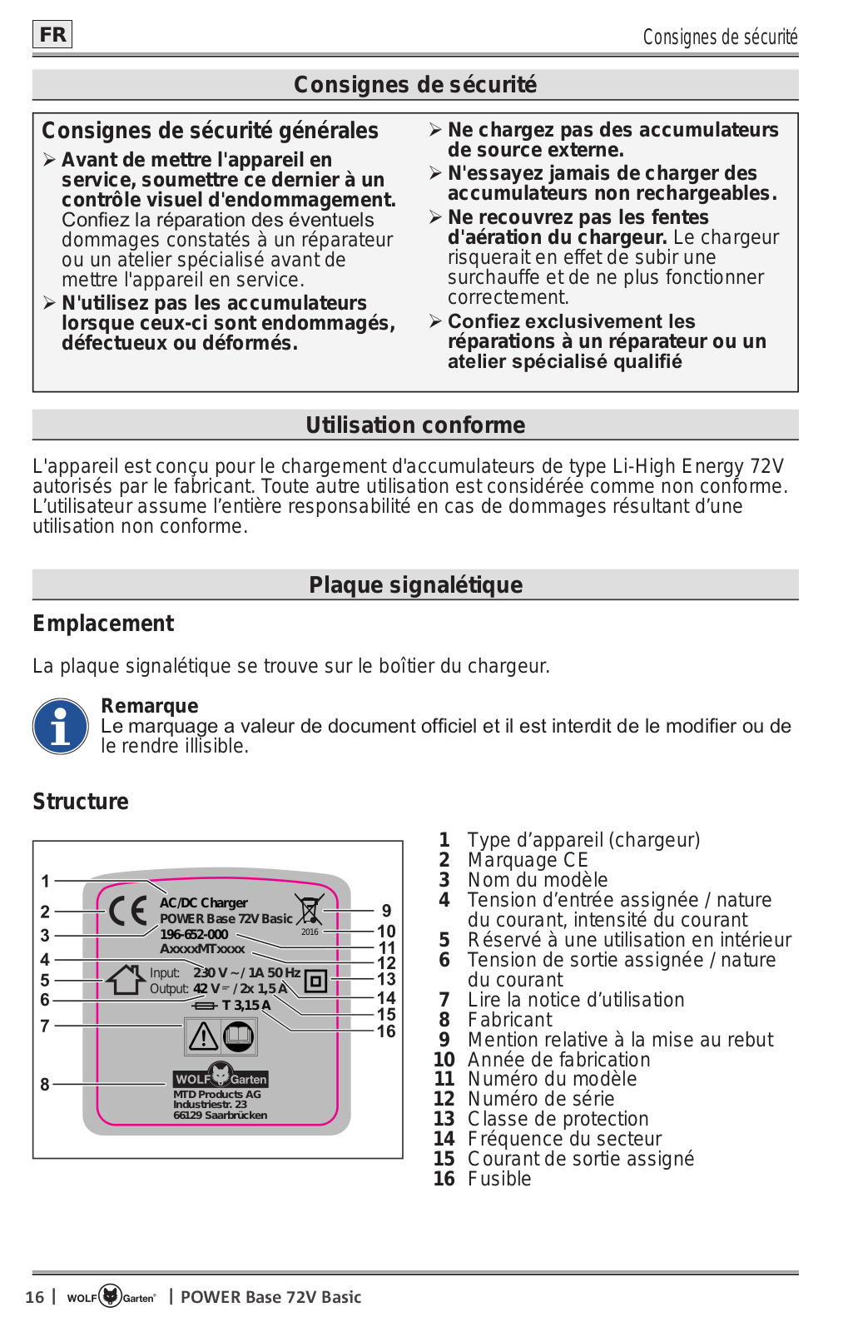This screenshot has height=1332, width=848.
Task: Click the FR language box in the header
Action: pos(52,34)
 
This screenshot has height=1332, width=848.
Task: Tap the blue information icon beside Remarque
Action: pos(61,727)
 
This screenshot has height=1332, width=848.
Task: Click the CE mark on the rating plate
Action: pos(128,911)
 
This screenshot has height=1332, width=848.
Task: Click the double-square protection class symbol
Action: pos(315,981)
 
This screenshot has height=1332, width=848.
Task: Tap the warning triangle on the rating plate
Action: pos(203,1036)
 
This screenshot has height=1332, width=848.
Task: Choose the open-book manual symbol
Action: pos(239,1036)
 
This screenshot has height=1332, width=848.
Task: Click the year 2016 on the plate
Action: pos(310,932)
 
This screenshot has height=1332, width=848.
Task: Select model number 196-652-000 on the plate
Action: pos(194,934)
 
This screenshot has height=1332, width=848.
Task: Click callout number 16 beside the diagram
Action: pos(386,1031)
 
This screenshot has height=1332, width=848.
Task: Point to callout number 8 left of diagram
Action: pos(45,1084)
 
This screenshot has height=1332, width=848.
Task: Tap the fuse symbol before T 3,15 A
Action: pos(204,1006)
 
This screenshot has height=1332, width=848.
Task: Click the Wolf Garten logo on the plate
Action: pos(221,1076)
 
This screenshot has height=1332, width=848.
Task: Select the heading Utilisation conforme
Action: pos(415,425)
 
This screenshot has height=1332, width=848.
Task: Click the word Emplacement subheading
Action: pos(103,624)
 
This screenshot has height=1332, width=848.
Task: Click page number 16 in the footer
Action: pos(34,1297)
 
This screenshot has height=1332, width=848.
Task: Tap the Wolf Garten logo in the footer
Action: pos(111,1296)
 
